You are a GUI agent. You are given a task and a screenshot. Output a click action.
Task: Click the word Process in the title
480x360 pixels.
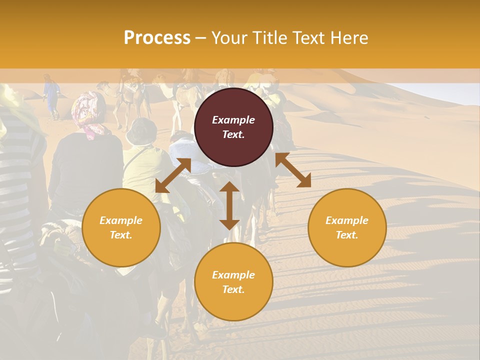(157, 38)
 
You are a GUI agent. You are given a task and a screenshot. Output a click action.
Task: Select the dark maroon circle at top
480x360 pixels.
(233, 127)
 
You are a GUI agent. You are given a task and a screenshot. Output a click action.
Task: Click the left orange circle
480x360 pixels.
(121, 227)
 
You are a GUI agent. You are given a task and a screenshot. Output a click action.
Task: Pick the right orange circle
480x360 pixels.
(347, 227)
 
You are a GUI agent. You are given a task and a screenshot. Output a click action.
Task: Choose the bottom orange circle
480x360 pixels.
(233, 281)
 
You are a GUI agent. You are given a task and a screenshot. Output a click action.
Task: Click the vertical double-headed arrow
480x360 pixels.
(229, 206)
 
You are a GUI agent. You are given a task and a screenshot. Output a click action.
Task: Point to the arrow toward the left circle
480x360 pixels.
(173, 175)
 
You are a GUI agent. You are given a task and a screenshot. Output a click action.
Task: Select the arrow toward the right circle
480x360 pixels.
(293, 170)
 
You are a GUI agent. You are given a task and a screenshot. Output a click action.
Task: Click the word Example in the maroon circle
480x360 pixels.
(233, 120)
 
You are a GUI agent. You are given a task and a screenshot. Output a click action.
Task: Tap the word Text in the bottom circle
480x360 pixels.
(233, 289)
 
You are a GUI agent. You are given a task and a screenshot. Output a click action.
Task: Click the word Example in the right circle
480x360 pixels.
(347, 220)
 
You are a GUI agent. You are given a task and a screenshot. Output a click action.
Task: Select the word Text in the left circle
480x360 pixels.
(121, 235)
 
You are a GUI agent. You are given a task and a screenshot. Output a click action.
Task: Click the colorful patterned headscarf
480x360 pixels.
(87, 113)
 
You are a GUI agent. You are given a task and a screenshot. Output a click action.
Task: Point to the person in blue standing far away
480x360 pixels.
(51, 95)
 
